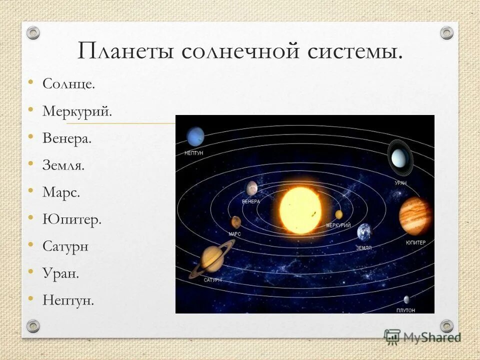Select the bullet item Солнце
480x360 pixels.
tap(68, 84)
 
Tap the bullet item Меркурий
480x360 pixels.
tap(77, 111)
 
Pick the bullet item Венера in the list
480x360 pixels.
tap(67, 138)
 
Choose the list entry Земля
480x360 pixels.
tap(63, 165)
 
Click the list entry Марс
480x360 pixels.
tap(61, 192)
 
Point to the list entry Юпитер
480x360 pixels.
tap(71, 219)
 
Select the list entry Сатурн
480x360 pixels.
tap(65, 246)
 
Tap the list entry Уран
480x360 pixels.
tap(60, 273)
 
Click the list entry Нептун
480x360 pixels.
tap(68, 300)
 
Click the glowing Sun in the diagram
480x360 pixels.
tap(300, 210)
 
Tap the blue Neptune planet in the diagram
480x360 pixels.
tap(195, 136)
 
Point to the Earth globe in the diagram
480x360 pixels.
tap(364, 232)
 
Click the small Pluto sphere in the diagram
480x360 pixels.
tap(406, 299)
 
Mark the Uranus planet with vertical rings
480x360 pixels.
tap(399, 157)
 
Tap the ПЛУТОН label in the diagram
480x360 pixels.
tap(405, 310)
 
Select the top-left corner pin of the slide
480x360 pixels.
tap(33, 33)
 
